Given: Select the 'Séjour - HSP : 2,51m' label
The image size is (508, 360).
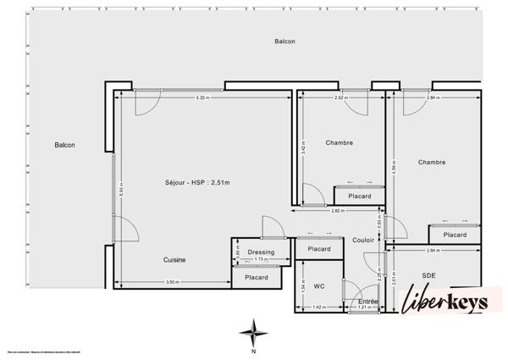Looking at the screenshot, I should tap(197, 183).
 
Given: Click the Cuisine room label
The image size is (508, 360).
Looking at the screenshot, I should tap(174, 260).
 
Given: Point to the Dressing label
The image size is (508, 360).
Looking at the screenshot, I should tap(261, 252).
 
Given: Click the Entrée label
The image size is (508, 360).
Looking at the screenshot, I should tap(367, 302).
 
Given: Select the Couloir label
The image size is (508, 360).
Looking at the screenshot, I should tap(363, 241).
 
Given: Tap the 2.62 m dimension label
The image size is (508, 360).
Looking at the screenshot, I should tap(340, 98).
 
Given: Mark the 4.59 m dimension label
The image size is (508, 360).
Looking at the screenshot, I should tap(394, 167).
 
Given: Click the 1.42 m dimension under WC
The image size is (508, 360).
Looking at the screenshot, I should tap(318, 307).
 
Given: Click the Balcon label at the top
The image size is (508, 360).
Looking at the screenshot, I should tap(284, 42).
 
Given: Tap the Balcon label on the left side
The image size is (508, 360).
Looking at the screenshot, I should tap(65, 145).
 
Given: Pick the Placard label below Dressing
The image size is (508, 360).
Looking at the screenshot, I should tap(257, 277).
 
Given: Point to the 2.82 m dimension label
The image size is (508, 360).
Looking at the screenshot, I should tap(336, 210).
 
